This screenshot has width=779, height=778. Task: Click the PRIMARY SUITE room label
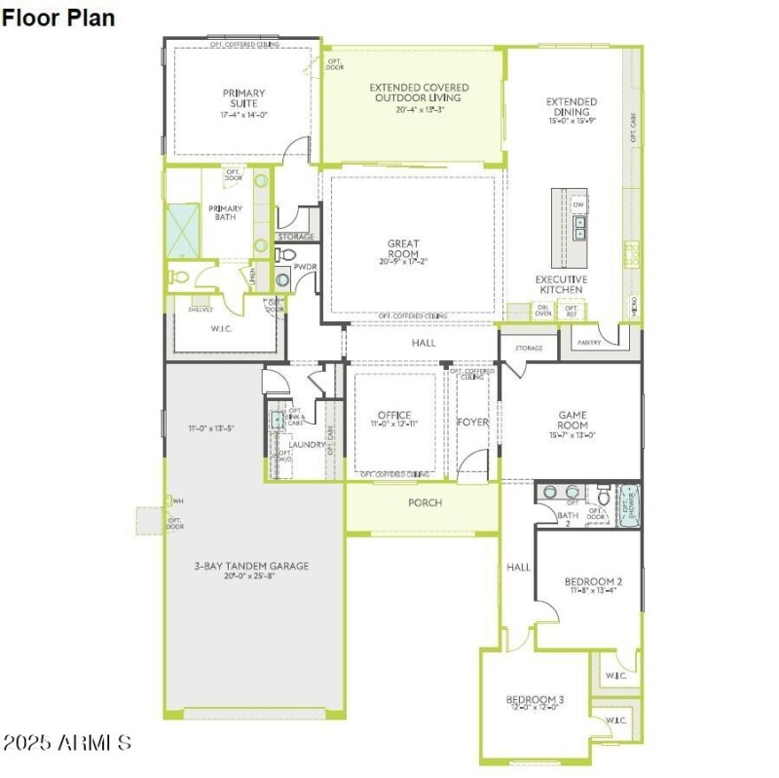[x=242, y=99]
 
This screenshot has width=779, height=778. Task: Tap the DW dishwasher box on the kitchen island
[x=578, y=205]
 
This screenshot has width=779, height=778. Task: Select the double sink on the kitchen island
[x=579, y=228]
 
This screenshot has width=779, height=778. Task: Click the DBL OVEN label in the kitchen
[x=543, y=311]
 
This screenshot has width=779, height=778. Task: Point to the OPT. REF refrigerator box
[x=572, y=311]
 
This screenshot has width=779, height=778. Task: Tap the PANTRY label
[x=589, y=342]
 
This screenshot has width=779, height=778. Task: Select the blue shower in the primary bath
[x=181, y=230]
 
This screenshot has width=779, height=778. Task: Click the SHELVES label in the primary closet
[x=200, y=308]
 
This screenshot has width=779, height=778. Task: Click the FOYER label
[x=473, y=422]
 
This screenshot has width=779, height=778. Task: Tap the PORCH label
[x=425, y=502]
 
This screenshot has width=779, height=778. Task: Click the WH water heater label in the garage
[x=177, y=501]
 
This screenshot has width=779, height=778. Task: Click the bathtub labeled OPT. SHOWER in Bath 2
[x=629, y=505]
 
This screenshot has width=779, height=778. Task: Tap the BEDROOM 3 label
[x=535, y=700]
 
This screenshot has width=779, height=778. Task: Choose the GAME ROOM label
[x=573, y=420]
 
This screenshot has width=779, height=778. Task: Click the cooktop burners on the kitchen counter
[x=632, y=256]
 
